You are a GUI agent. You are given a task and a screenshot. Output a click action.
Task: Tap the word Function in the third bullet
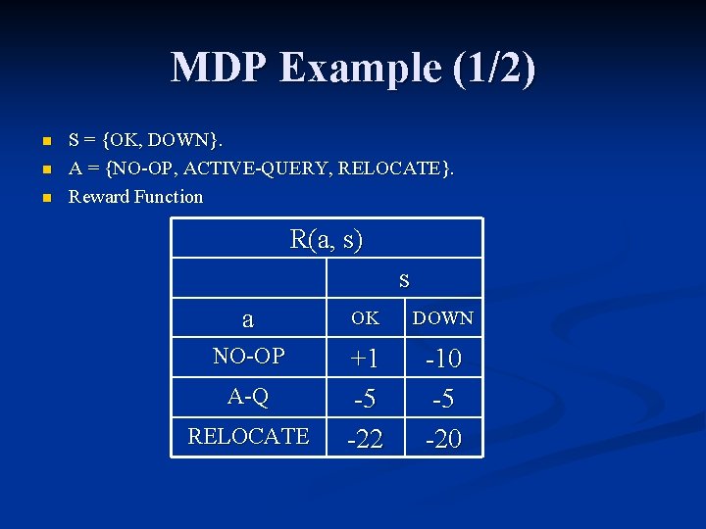168,197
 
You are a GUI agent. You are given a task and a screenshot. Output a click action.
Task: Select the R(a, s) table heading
327,239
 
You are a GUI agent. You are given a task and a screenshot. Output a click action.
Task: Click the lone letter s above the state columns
404,279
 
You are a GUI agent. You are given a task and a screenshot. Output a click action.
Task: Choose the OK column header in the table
365,318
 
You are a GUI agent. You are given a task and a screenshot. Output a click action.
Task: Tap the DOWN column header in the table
443,318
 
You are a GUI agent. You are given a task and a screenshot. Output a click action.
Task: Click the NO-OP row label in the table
248,357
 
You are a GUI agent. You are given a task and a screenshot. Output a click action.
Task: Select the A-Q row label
248,396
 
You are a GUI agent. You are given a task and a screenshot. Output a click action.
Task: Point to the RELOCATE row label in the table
248,435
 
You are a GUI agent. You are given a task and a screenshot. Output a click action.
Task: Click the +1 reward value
365,360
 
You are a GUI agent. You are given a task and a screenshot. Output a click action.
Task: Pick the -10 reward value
443,360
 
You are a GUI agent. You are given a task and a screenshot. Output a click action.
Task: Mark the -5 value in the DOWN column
443,400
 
